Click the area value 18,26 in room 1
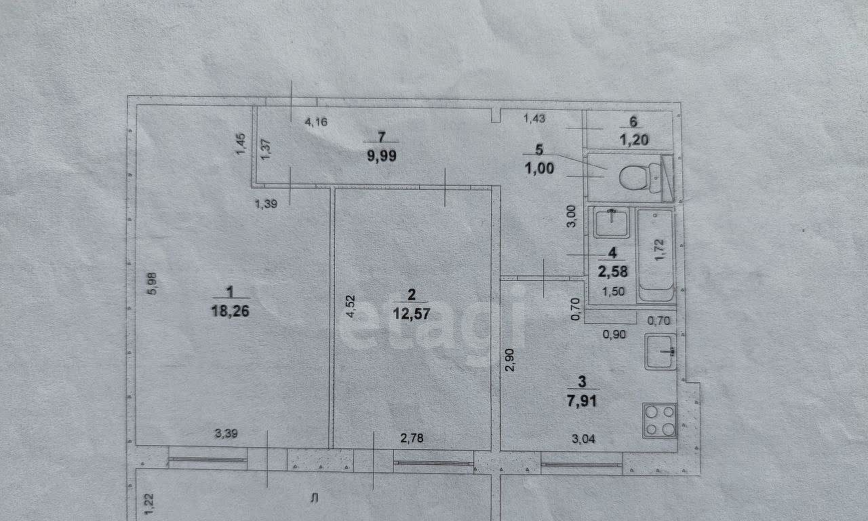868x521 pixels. (230, 311)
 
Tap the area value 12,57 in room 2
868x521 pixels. (412, 313)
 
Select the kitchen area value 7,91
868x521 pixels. (582, 400)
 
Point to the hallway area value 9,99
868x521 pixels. (382, 156)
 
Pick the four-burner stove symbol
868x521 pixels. (660, 421)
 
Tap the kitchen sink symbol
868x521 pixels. (660, 351)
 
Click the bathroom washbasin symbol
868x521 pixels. (612, 223)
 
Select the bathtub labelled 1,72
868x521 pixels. (656, 256)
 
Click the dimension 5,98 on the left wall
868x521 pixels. (153, 284)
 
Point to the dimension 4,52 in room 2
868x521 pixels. (351, 306)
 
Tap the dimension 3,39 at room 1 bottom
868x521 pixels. (226, 433)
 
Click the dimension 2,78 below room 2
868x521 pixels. (412, 438)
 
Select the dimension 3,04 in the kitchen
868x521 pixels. (584, 438)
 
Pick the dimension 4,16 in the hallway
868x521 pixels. (316, 122)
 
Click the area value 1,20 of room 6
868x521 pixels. (634, 140)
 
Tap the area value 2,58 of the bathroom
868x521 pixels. (612, 271)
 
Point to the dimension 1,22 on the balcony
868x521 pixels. (149, 504)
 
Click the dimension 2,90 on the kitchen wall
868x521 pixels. (510, 360)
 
